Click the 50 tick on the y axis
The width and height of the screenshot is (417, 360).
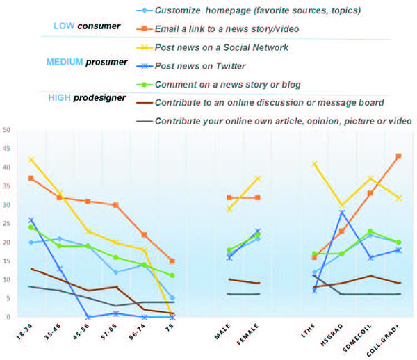[x=6, y=130]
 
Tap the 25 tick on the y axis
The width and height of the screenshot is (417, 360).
[x=6, y=224]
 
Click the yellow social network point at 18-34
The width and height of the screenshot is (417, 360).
[x=31, y=160]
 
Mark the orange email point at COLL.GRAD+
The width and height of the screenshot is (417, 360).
[x=397, y=156]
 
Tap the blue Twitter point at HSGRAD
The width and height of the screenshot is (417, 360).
[x=343, y=212]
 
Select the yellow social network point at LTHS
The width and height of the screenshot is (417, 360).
[x=314, y=163]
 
